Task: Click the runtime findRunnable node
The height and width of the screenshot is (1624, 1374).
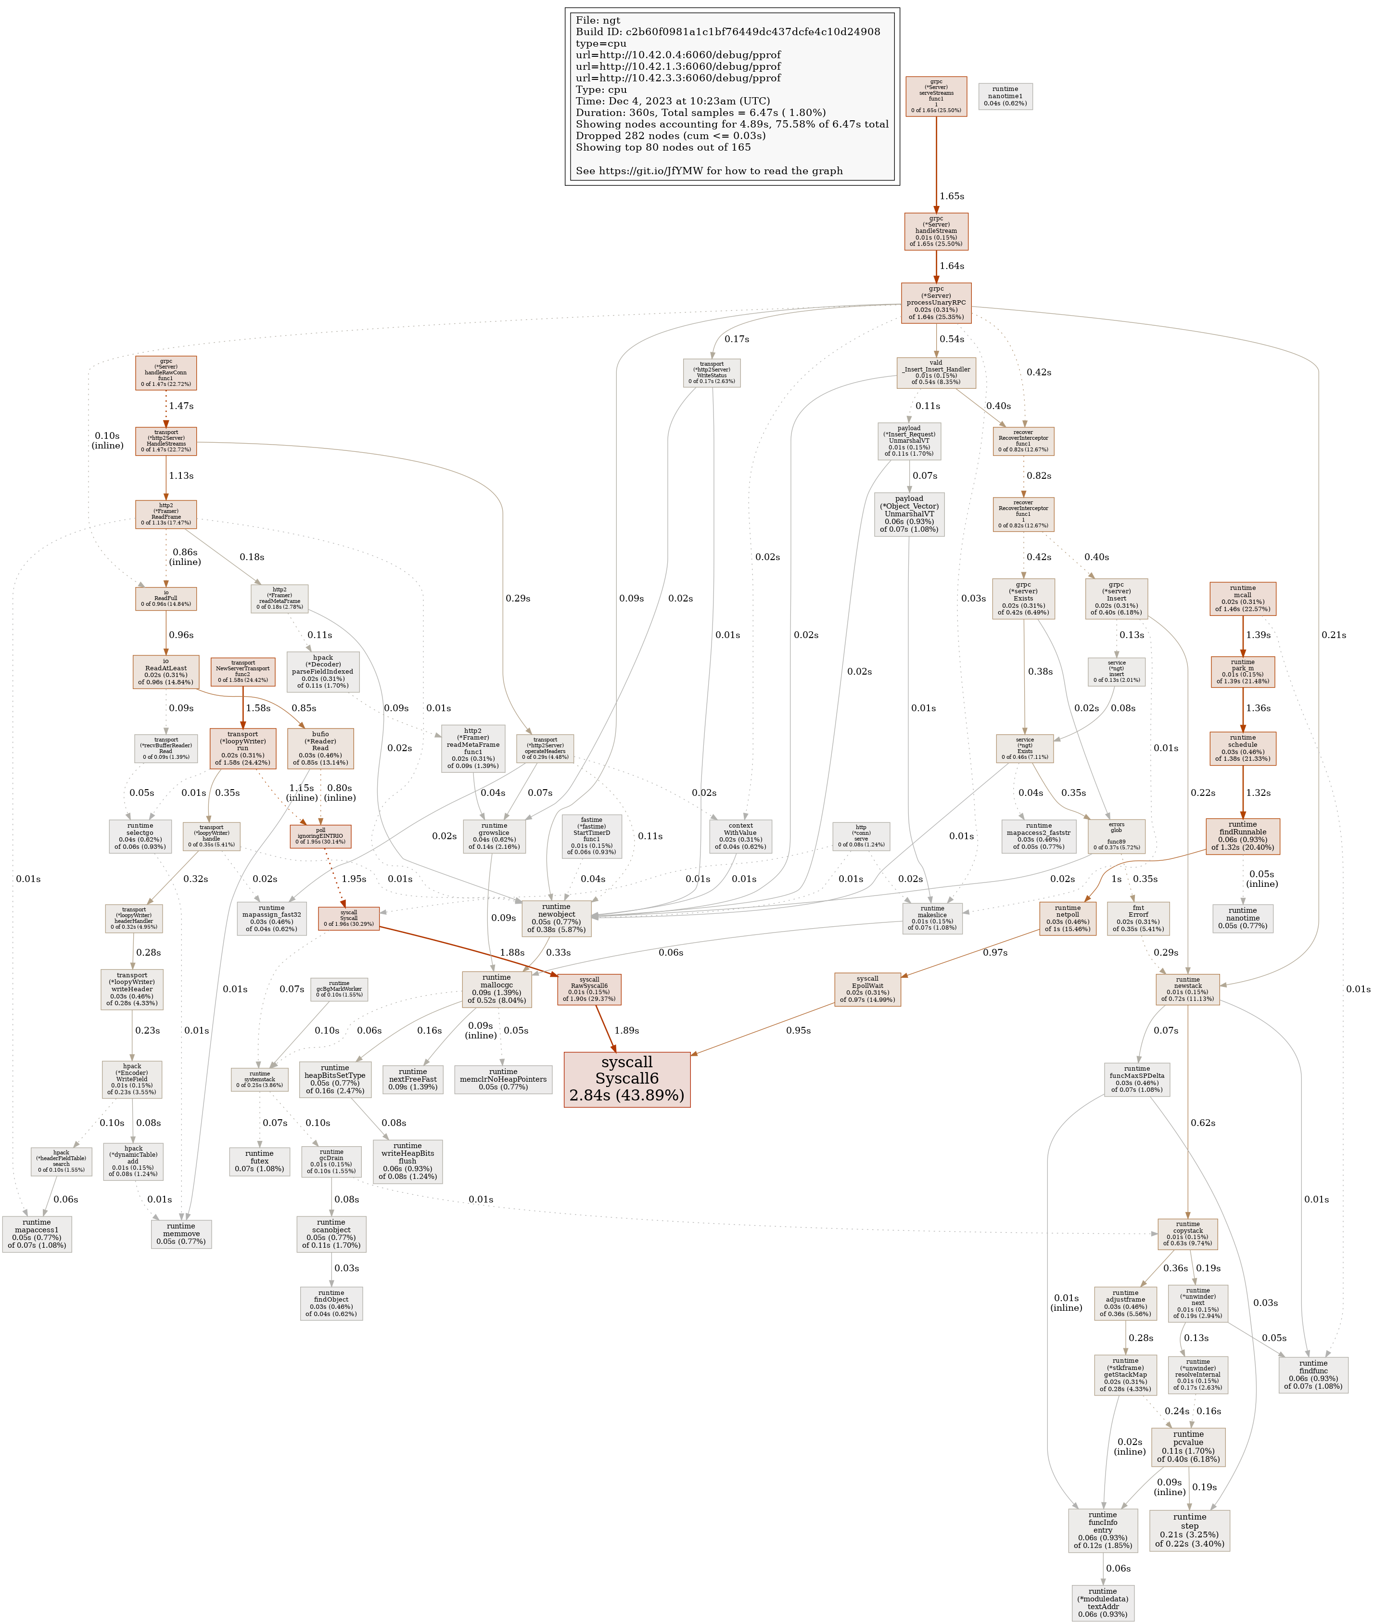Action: click(x=1242, y=836)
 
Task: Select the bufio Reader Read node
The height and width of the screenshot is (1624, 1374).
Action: click(x=320, y=748)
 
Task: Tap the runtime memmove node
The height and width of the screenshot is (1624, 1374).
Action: click(x=181, y=1233)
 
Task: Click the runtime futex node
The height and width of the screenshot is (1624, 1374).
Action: click(x=259, y=1161)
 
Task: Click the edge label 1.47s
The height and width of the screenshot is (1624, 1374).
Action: click(x=181, y=406)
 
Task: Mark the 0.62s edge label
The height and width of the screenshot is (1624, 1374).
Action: click(x=1203, y=1123)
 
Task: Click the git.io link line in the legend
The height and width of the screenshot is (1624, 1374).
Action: click(x=709, y=170)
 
